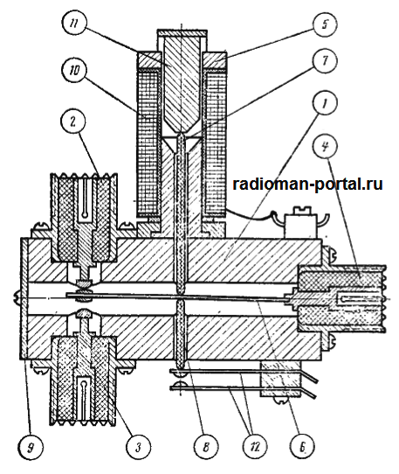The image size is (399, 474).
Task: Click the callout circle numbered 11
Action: click(x=74, y=24)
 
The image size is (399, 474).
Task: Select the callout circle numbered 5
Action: click(x=325, y=24)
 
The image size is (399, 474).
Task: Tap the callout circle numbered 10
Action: click(x=74, y=70)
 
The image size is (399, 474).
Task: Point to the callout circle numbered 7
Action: click(x=325, y=60)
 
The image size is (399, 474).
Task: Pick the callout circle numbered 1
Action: click(x=325, y=103)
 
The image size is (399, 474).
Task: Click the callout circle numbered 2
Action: click(x=73, y=122)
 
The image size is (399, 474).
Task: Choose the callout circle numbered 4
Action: click(x=325, y=148)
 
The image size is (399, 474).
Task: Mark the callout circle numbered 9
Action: click(x=31, y=448)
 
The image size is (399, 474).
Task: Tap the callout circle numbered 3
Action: click(x=139, y=447)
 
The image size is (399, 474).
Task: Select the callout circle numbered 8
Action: click(x=206, y=447)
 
